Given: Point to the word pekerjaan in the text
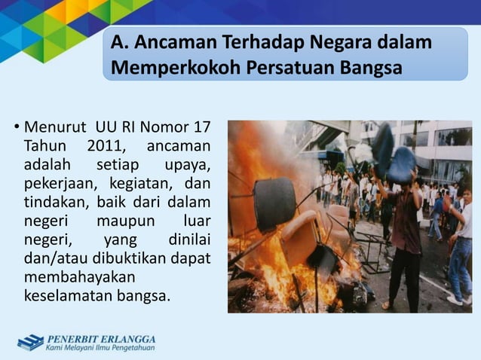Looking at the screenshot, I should (57, 183).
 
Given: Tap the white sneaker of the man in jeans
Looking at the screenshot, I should (454, 299).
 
